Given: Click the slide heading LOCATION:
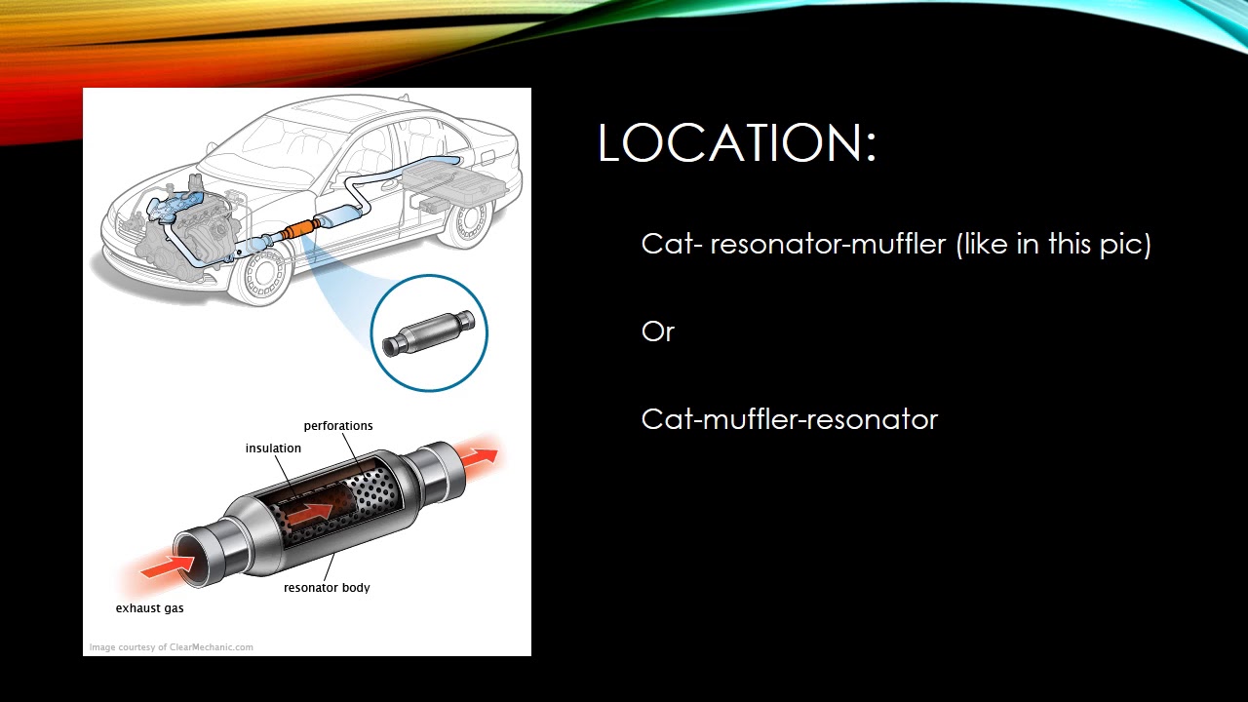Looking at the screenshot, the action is [737, 142].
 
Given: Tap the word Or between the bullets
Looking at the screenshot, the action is [658, 332].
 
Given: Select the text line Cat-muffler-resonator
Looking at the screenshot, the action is [790, 419].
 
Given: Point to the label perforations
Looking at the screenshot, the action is [338, 426].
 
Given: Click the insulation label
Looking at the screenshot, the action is [273, 448].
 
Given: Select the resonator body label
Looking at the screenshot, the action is [327, 587].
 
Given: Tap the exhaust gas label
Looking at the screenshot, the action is [149, 608].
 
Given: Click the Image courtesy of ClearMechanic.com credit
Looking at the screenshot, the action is [171, 647].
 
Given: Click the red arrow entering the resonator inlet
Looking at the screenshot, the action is [166, 566].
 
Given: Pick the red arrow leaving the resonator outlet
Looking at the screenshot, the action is [479, 457].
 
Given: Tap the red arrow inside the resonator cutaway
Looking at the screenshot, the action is [310, 512].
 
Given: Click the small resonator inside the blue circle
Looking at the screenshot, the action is [428, 333].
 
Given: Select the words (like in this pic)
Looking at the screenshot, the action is [1054, 244].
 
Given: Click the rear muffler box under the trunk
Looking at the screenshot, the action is [454, 182].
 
